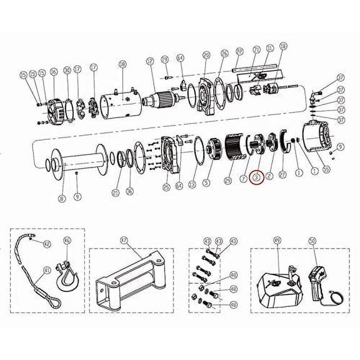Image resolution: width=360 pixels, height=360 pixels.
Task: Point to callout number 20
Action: tap(206, 56)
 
